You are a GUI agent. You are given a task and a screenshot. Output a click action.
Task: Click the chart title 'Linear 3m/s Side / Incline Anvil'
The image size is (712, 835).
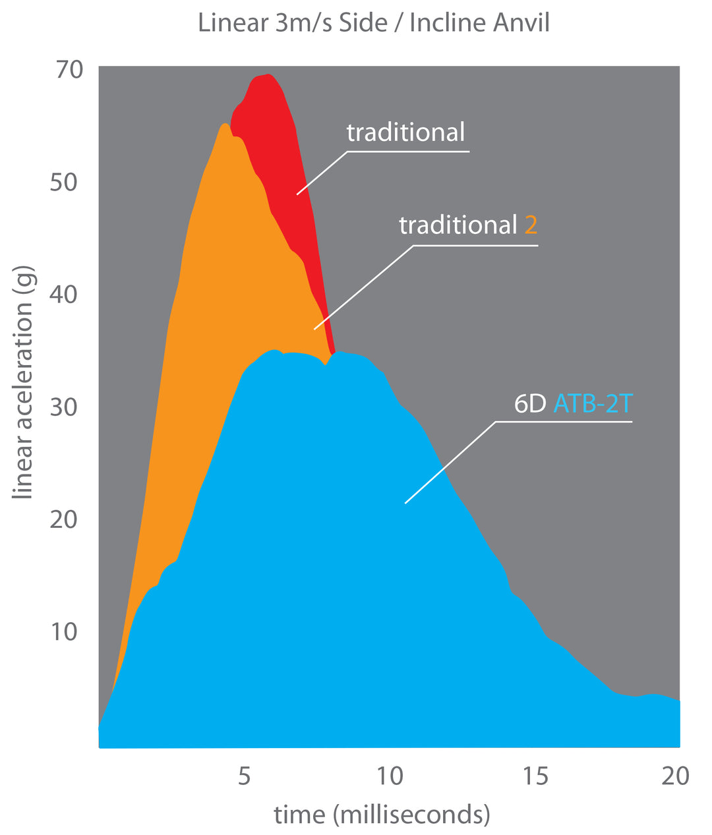click(374, 23)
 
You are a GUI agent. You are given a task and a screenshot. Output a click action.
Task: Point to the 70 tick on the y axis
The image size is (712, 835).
click(69, 69)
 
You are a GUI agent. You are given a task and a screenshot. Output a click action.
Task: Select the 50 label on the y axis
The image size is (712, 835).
click(63, 182)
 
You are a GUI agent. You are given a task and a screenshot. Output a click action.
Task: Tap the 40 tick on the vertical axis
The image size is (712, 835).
click(63, 294)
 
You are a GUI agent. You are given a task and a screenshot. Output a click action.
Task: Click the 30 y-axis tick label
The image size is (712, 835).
click(63, 407)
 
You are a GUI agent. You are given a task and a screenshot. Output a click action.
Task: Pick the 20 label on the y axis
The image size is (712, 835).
click(63, 519)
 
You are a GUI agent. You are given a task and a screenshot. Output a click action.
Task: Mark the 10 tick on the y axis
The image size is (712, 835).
click(63, 632)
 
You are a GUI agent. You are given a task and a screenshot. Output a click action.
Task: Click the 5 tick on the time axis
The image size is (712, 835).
click(244, 776)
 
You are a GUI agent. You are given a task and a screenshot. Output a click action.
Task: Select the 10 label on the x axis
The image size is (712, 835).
click(390, 776)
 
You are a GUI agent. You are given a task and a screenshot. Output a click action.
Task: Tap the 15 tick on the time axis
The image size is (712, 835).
click(536, 776)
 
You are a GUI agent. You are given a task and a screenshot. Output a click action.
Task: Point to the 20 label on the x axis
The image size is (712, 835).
click(674, 776)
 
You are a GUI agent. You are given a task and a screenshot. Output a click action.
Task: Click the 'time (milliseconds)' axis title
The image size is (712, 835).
click(382, 815)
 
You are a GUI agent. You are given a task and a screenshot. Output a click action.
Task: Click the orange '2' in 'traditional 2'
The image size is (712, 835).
click(531, 225)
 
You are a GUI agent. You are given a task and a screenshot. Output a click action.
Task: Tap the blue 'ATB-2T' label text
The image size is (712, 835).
click(593, 403)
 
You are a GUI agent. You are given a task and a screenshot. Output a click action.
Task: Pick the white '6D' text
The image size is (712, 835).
click(530, 403)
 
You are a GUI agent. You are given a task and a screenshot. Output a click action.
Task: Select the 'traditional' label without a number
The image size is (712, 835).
click(405, 132)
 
